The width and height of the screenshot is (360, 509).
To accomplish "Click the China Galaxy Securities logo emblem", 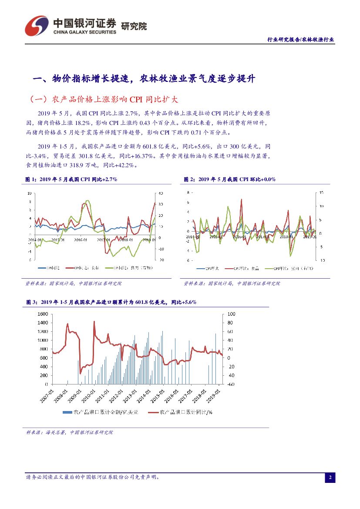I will [36, 26].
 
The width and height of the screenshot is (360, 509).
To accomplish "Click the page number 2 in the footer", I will [330, 478].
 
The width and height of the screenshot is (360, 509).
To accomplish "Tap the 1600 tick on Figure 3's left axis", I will [42, 314].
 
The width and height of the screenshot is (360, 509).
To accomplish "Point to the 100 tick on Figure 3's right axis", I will [231, 314].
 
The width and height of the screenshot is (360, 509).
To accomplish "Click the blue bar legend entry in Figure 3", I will [101, 411].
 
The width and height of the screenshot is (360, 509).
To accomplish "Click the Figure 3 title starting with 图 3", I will [111, 301].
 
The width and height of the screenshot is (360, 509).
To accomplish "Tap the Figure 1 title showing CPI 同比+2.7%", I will [72, 179].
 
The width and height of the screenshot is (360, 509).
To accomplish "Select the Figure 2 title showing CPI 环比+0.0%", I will [229, 179].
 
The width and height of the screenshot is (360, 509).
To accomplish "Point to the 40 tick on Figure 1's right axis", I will [161, 193].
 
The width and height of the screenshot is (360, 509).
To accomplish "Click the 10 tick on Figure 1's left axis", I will [29, 193].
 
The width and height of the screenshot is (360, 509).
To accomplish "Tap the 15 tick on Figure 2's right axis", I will [321, 192].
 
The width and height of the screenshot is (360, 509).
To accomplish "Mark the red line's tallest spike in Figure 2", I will [242, 199].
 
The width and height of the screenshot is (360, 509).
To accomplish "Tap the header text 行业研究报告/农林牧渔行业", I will [300, 39].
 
